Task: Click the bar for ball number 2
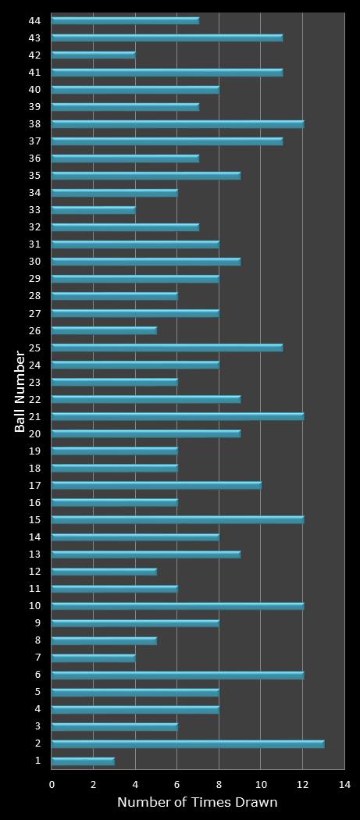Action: [x=187, y=744]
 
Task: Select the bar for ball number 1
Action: [x=83, y=761]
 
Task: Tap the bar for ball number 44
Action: [x=125, y=20]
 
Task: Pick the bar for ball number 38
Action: [x=177, y=124]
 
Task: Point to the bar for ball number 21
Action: [x=177, y=416]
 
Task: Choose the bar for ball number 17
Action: [x=156, y=485]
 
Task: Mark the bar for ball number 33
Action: [x=93, y=210]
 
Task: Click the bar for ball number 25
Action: [x=166, y=348]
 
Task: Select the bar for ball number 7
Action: [x=93, y=658]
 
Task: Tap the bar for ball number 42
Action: [x=93, y=55]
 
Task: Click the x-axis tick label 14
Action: [x=344, y=785]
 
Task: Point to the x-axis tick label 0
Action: [x=52, y=785]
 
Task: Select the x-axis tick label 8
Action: [x=219, y=785]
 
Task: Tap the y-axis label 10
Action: [x=34, y=606]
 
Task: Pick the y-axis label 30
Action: [x=34, y=262]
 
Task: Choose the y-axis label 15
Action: [x=34, y=519]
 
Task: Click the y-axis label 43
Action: [x=34, y=37]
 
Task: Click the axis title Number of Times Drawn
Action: [x=197, y=803]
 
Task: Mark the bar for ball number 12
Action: [x=104, y=572]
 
